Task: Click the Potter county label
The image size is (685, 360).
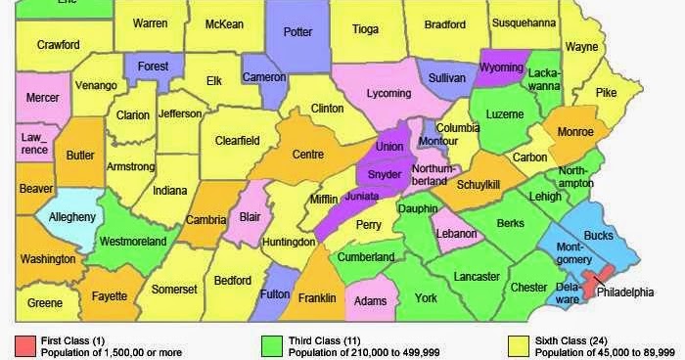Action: pyautogui.click(x=297, y=32)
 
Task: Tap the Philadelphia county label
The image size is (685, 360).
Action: pyautogui.click(x=626, y=292)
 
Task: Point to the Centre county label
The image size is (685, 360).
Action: pyautogui.click(x=308, y=154)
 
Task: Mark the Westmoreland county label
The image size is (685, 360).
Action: pyautogui.click(x=133, y=241)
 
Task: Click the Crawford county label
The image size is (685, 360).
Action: pyautogui.click(x=59, y=44)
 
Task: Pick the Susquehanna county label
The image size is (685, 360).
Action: pyautogui.click(x=524, y=22)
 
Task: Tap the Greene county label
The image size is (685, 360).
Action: pyautogui.click(x=45, y=303)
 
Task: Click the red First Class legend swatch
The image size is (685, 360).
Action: pyautogui.click(x=25, y=345)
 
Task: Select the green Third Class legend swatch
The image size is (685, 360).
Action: pyautogui.click(x=273, y=345)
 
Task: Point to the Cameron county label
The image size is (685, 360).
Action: pyautogui.click(x=263, y=77)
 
